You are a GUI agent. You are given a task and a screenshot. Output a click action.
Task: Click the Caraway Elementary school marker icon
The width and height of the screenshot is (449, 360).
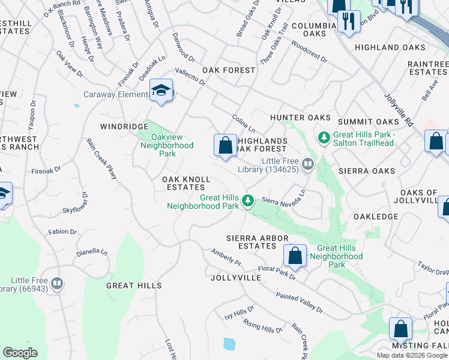pos(161,91)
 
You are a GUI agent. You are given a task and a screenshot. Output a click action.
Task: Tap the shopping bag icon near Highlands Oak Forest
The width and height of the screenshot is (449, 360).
pos(225,145)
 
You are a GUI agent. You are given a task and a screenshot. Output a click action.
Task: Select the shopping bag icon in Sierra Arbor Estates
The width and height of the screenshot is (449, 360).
pos(295,256)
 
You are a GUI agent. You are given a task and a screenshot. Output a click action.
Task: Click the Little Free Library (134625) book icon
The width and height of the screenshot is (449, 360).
pos(308,163)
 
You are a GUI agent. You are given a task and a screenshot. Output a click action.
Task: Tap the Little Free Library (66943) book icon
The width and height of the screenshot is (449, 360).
pos(57,283)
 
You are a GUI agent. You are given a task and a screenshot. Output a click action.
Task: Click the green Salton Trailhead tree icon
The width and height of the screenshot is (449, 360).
pos(324,138)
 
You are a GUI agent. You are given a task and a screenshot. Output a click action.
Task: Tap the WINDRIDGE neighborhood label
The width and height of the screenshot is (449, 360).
pos(124,127)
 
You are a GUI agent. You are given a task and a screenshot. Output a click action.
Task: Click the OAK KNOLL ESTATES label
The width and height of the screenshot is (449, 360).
pos(186,184)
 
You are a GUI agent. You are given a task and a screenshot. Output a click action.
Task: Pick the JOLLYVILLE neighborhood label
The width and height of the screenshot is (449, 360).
pos(236,278)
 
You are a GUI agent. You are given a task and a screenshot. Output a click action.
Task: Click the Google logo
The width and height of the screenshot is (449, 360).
pos(20,353)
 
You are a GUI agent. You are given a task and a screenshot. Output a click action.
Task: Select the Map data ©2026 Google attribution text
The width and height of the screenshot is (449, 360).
pos(411,355)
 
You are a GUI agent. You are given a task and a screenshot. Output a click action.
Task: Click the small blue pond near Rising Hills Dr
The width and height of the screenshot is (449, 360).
pos(229,344)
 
